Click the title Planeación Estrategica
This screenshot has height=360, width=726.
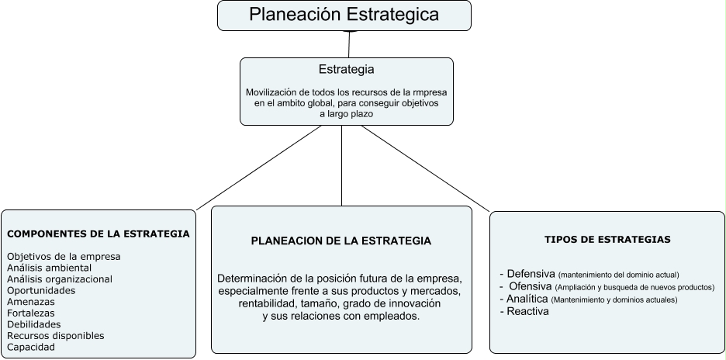(344, 15)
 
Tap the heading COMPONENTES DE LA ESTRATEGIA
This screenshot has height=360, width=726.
(98, 234)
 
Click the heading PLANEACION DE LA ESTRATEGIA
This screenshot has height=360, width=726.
(341, 241)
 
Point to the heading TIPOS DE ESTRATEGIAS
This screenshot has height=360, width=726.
(607, 240)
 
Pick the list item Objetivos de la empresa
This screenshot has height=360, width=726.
(64, 256)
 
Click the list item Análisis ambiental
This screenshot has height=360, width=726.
(49, 268)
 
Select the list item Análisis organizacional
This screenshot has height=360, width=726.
(60, 279)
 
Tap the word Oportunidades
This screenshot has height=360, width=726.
(41, 290)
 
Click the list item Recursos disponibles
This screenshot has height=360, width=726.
(55, 336)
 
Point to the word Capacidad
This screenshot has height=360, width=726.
(31, 347)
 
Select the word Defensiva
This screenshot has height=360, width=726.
(531, 274)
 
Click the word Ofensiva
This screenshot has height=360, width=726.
(531, 286)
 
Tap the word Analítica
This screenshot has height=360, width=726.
(527, 299)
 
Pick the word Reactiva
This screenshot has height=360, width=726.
(527, 311)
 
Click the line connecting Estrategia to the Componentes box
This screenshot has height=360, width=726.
(260, 167)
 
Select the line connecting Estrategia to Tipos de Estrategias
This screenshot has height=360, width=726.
(425, 168)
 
